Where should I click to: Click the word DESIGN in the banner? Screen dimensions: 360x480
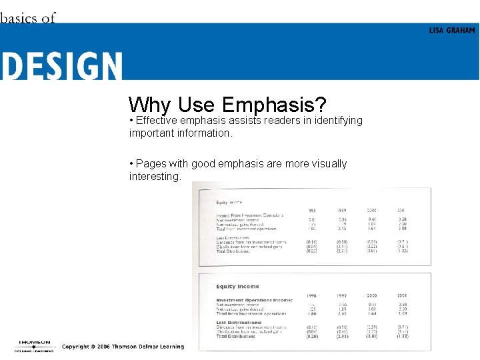[x=61, y=67]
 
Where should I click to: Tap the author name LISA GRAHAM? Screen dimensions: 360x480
[x=452, y=31]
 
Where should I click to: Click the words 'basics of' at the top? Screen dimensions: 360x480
[x=27, y=18]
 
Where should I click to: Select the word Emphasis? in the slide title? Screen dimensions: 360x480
[x=274, y=105]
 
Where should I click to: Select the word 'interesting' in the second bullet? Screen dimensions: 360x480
[x=154, y=176]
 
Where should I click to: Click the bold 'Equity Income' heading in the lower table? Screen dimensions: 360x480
[x=238, y=287]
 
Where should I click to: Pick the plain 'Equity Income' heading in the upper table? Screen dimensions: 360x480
[x=229, y=201]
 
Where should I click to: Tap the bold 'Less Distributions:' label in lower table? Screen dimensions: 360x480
[x=239, y=322]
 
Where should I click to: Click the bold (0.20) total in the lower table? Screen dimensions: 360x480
[x=311, y=337]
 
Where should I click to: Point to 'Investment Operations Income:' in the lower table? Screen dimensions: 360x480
[x=254, y=300]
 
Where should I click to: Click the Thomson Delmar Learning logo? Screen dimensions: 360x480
[x=33, y=345]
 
